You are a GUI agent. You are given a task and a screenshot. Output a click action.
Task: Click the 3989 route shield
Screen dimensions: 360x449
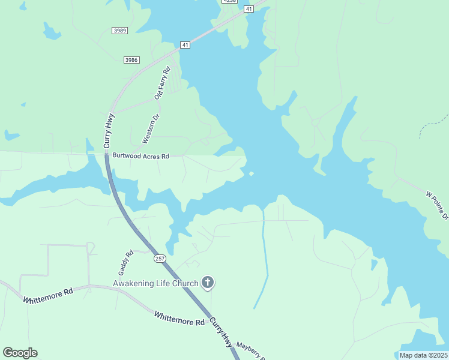(x=119, y=31)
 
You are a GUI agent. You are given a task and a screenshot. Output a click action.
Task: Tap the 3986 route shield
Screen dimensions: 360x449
(x=131, y=59)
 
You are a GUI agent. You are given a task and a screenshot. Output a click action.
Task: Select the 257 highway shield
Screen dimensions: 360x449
(x=159, y=259)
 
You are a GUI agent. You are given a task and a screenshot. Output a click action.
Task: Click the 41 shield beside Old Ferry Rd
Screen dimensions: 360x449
(x=185, y=45)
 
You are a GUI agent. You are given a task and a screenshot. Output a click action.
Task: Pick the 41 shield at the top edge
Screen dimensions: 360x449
(x=249, y=8)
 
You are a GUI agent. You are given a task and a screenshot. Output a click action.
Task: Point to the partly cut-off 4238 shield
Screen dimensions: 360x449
(x=229, y=1)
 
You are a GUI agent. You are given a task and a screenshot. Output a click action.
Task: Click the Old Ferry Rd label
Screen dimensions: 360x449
(x=162, y=83)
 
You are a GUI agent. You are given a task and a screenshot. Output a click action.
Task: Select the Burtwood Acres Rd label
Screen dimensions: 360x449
(x=140, y=156)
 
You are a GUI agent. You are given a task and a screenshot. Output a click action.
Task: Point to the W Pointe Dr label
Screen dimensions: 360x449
(x=437, y=205)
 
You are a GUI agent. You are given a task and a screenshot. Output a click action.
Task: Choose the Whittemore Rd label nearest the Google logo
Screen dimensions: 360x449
(x=48, y=295)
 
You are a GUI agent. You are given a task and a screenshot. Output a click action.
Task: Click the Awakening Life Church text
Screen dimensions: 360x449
(x=155, y=283)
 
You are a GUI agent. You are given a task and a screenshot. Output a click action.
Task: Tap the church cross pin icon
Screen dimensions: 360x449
(x=208, y=282)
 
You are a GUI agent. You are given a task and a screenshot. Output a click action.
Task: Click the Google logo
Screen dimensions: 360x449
(x=20, y=353)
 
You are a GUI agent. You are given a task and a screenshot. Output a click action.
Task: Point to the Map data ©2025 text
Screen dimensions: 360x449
(x=424, y=355)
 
